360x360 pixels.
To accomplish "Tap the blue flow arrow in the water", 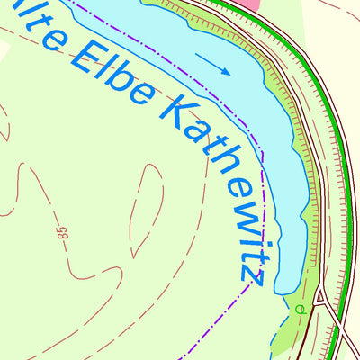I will point(213,65).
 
